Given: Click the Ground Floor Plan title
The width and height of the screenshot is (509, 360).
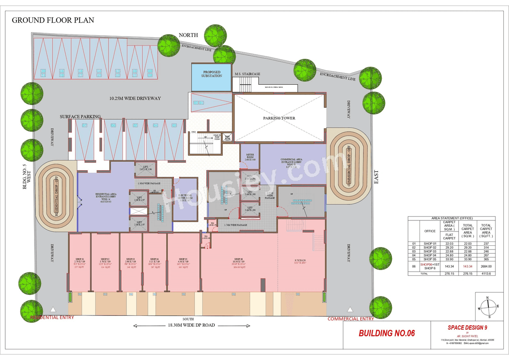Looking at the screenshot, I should click(53, 20).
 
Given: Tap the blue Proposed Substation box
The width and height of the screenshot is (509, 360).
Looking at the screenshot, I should click(211, 77).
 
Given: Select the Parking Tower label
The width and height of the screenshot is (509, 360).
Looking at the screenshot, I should click(279, 118).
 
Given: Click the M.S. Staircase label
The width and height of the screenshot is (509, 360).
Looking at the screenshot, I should click(247, 74).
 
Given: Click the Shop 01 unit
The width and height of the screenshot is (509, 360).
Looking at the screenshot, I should click(80, 263).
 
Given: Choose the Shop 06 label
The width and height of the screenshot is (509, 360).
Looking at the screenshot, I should click(239, 259).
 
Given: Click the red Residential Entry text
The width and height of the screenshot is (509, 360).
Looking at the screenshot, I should click(52, 317).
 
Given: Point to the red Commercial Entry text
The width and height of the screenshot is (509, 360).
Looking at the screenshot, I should click(350, 319).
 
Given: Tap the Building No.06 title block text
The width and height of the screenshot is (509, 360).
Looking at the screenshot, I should click(387, 333).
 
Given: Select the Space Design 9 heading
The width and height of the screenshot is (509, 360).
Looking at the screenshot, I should click(467, 327).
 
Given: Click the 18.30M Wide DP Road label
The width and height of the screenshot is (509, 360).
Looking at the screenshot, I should click(191, 325).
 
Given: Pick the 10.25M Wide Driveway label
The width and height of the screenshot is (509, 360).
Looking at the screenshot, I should click(135, 98).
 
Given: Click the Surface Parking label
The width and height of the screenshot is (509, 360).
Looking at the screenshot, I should click(80, 117).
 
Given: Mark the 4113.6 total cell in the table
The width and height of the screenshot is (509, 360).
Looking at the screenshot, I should click(486, 273).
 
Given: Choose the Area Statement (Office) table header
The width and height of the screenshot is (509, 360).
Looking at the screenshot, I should click(451, 218).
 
